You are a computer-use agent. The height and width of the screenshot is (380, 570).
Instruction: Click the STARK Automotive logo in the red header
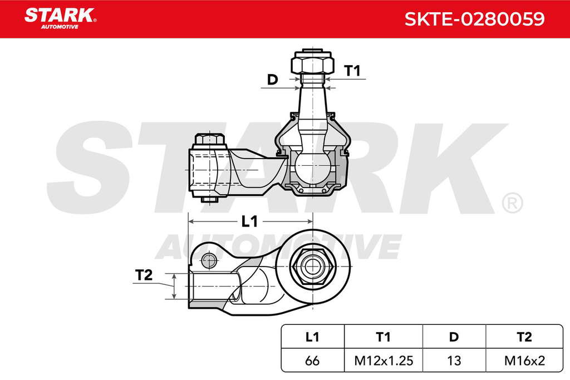60,18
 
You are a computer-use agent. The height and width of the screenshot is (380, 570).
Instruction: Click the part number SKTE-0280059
474,19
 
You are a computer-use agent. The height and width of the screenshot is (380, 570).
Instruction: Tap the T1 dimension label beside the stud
352,71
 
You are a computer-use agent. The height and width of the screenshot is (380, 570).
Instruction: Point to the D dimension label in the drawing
272,79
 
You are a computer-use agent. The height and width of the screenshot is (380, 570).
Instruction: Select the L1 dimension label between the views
249,221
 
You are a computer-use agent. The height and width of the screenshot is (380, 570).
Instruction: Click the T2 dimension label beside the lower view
144,275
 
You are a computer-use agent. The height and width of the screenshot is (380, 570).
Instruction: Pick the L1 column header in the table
312,337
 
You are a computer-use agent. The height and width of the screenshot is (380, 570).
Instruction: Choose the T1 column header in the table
383,337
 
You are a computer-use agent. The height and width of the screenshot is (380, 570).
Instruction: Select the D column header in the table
454,337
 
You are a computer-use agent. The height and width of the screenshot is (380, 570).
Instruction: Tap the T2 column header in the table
524,337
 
